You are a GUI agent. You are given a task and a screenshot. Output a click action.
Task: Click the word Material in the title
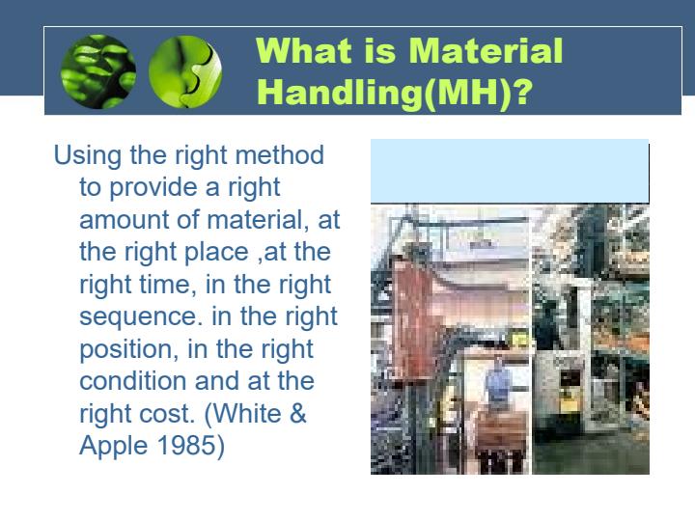coord(486,50)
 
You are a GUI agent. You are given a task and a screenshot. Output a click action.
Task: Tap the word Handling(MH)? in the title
coord(394,92)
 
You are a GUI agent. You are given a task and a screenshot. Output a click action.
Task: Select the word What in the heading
coord(304,50)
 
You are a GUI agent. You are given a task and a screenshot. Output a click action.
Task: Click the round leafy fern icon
coord(97,71)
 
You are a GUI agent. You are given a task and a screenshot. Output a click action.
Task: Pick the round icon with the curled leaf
coord(185,71)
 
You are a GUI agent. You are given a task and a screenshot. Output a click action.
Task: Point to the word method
coord(280,155)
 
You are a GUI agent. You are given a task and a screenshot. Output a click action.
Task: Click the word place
coord(216,253)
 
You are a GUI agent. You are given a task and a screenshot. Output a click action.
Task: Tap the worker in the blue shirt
coord(499,381)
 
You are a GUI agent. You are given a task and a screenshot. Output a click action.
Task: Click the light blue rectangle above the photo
coord(510,171)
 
